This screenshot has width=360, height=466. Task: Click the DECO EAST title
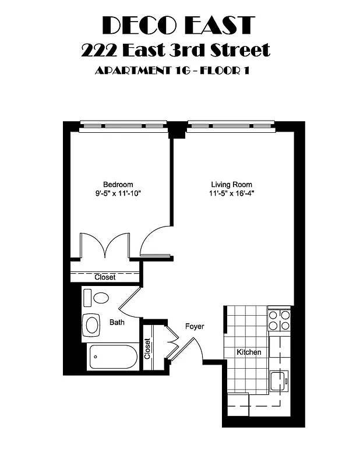[x=179, y=25]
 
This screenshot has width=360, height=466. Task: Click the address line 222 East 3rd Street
[x=176, y=50]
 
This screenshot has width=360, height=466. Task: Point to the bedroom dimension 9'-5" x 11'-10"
[x=118, y=193]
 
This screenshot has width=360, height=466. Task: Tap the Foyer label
[x=195, y=327]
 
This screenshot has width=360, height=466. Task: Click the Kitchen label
[x=249, y=352]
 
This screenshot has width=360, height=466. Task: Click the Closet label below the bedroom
[x=105, y=278]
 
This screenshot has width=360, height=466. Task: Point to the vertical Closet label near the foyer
[x=147, y=348]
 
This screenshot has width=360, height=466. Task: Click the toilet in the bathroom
[x=97, y=298]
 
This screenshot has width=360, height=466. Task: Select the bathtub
[x=113, y=356]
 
